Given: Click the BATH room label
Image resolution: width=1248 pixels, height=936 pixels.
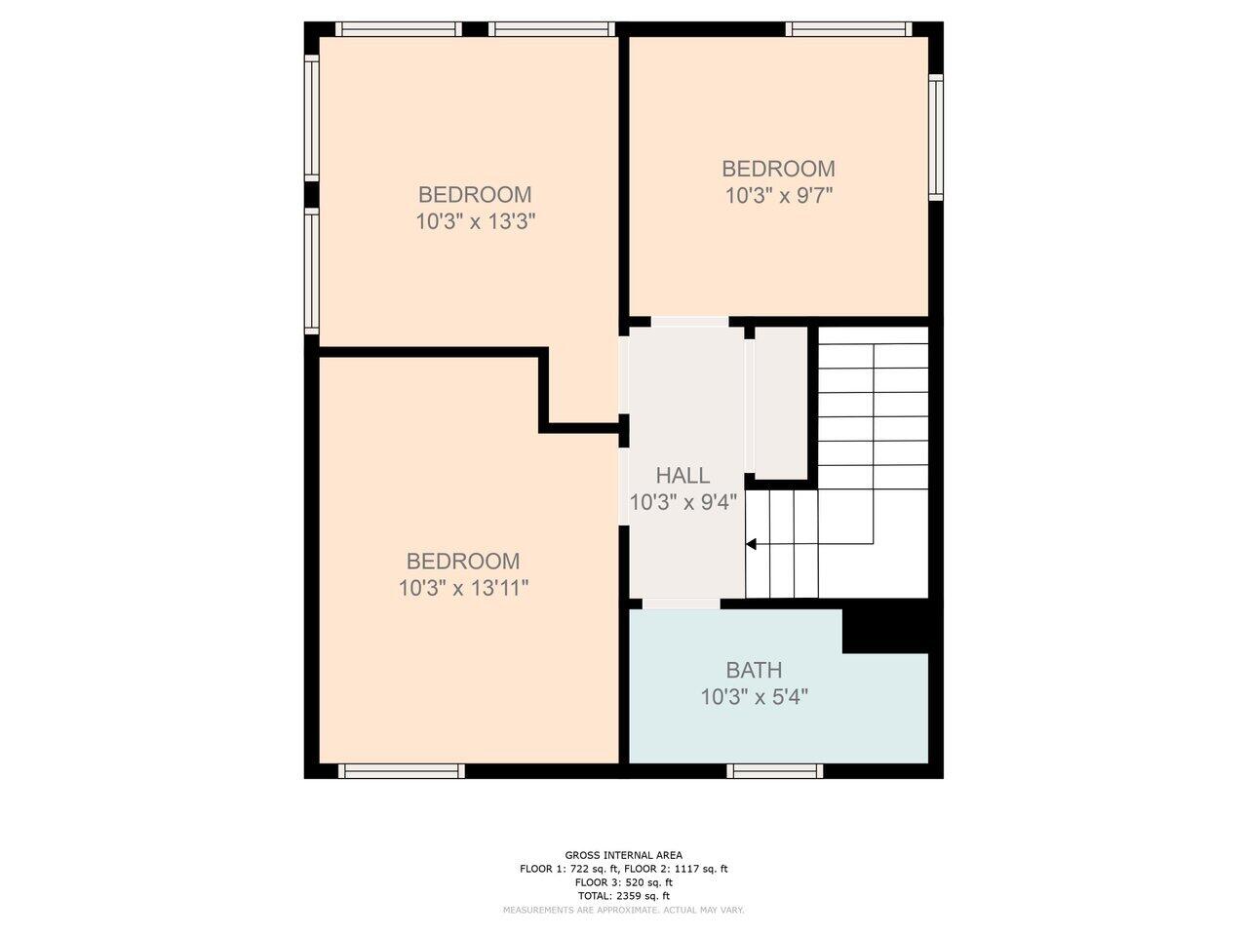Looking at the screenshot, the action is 754,670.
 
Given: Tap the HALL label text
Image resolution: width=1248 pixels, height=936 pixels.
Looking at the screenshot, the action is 682,475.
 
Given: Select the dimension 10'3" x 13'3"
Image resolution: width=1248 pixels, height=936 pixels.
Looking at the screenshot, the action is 476,221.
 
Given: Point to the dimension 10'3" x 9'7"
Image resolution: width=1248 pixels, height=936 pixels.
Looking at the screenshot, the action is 778,196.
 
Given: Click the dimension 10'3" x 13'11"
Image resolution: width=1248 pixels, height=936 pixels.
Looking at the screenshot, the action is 463,588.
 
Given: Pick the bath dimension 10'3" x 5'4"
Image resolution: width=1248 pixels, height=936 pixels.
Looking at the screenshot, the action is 754,697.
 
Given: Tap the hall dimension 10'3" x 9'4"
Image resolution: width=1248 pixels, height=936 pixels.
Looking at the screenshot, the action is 682,502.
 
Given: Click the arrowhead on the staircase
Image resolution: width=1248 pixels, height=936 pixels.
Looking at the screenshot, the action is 751,544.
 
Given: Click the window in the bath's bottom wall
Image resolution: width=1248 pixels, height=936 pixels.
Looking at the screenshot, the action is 774,770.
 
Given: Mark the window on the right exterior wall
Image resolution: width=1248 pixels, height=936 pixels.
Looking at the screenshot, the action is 935,137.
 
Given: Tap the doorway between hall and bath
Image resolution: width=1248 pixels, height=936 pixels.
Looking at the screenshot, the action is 682,604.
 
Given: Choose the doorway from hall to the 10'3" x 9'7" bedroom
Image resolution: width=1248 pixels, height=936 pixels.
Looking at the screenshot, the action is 689,322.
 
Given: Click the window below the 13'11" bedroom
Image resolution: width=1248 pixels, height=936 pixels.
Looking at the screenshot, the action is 402,770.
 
